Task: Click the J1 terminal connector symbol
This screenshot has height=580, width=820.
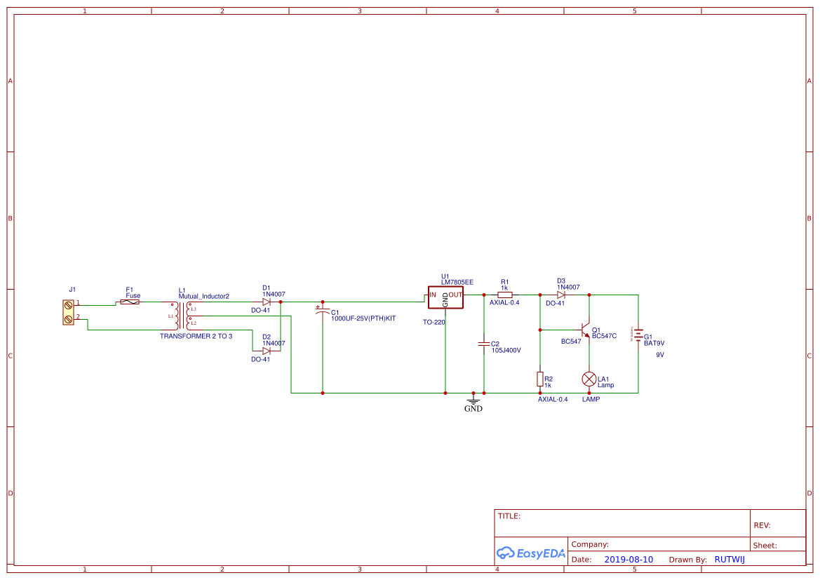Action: (68, 312)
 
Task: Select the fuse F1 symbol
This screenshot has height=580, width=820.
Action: (130, 302)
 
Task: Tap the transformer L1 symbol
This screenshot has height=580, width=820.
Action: (182, 316)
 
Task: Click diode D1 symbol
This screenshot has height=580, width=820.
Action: (267, 302)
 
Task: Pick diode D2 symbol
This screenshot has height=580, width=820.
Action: (267, 351)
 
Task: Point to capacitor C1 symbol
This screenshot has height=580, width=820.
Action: (323, 310)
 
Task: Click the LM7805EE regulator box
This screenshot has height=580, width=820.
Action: (445, 297)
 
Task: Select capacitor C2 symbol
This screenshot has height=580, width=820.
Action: (483, 344)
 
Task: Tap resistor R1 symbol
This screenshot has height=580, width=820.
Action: (504, 295)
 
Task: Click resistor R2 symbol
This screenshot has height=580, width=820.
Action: (539, 379)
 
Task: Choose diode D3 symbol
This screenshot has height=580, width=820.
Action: (561, 295)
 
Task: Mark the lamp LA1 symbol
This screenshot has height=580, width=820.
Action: (589, 379)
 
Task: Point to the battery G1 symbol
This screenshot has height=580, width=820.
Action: (638, 335)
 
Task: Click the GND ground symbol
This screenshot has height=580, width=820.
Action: (473, 403)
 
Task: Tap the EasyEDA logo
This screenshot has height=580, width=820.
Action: (531, 553)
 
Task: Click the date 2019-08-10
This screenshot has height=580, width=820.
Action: (629, 560)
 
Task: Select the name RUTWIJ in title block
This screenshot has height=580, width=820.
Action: (730, 560)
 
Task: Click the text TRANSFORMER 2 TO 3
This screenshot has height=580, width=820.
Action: (196, 337)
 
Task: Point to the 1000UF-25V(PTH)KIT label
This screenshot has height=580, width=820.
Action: (363, 318)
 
